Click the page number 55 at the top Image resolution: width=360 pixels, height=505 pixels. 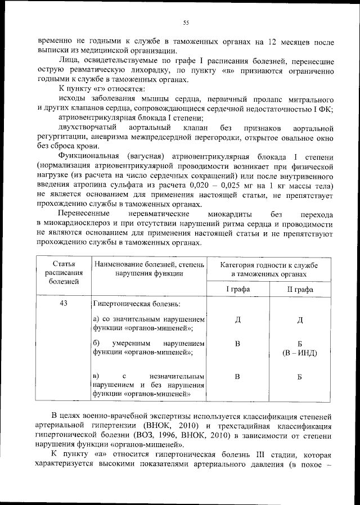(x=185, y=22)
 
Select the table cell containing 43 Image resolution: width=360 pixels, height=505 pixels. (x=64, y=304)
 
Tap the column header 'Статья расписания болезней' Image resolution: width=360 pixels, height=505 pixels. (x=64, y=273)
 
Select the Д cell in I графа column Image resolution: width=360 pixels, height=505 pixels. (x=238, y=320)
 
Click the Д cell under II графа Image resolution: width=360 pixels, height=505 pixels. (x=299, y=320)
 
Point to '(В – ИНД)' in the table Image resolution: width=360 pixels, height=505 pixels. (x=299, y=353)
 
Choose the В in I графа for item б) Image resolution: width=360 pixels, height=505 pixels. (x=238, y=344)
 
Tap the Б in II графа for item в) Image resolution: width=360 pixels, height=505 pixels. (x=299, y=376)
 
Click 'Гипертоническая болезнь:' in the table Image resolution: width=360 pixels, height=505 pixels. (x=137, y=304)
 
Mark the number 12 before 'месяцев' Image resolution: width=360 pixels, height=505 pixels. (x=272, y=42)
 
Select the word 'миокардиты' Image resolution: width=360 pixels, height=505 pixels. (x=229, y=215)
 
